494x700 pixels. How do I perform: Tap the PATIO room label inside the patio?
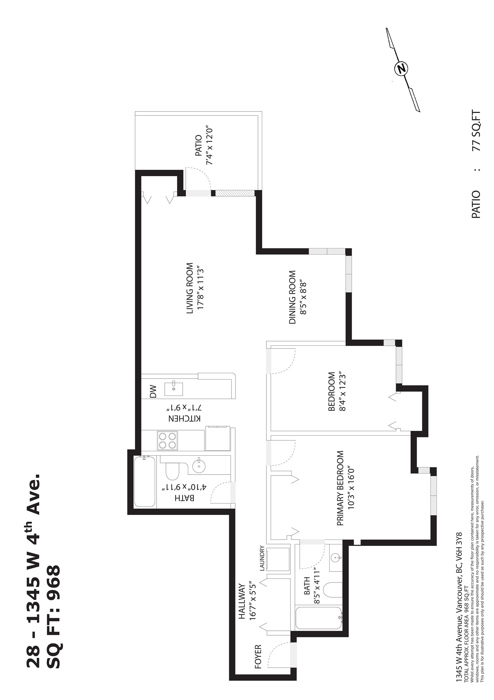click(x=198, y=146)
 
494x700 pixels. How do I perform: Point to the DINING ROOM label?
click(x=292, y=297)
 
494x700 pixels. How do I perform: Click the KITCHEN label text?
click(x=184, y=418)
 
